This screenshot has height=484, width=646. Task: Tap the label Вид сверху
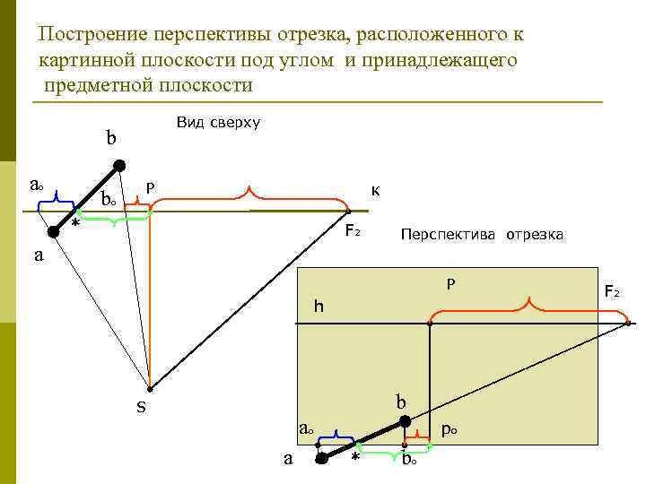[x=218, y=122]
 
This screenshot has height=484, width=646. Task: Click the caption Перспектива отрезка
[x=482, y=235]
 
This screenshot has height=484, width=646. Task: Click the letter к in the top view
[x=375, y=190]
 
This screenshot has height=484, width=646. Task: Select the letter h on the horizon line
[x=318, y=307]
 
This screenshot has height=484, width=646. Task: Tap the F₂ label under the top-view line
[x=354, y=231]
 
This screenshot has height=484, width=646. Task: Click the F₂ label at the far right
[x=612, y=291]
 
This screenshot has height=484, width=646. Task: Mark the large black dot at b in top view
[x=118, y=165]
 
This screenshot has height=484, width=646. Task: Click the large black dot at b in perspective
[x=405, y=420]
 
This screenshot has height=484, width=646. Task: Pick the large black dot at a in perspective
[x=322, y=459]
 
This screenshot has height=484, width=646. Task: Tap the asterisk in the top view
[x=74, y=225]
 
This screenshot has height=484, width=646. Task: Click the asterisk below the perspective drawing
[x=355, y=460]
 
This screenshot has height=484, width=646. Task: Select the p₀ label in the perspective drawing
[x=450, y=429]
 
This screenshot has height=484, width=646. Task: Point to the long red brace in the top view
[x=249, y=194]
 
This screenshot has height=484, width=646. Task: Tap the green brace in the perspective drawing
[x=380, y=451]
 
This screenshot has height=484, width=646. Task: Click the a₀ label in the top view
[x=34, y=186]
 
